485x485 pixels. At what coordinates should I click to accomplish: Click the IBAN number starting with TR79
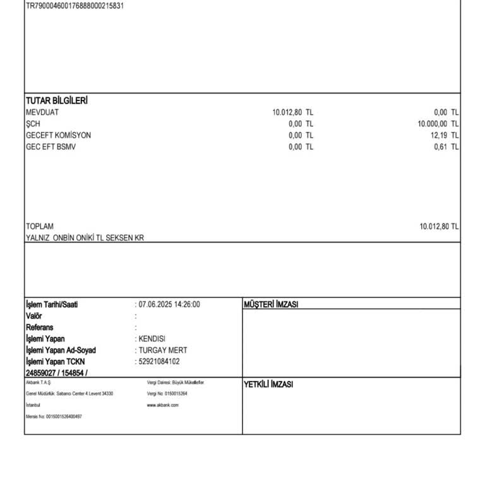(75, 6)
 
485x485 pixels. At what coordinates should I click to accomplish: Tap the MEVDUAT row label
(42, 112)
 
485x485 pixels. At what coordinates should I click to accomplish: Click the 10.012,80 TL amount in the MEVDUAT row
(292, 112)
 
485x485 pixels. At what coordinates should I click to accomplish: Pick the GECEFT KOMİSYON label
(58, 135)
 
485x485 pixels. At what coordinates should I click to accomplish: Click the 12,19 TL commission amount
(445, 135)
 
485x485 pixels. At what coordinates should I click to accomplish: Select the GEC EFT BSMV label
(51, 147)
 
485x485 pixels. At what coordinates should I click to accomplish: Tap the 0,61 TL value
(446, 147)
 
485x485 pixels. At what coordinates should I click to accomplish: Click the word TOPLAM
(40, 226)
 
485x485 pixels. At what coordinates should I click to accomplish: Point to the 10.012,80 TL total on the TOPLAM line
(439, 226)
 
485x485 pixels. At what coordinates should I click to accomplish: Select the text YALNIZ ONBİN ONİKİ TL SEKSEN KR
(85, 238)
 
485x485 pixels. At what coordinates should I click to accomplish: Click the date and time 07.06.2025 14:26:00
(169, 304)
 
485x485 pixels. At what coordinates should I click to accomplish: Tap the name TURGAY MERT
(163, 350)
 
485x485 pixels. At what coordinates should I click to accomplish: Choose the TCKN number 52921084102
(159, 362)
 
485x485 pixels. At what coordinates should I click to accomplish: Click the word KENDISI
(152, 339)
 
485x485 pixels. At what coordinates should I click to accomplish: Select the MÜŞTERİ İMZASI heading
(271, 305)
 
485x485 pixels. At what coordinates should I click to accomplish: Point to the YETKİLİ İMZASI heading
(268, 385)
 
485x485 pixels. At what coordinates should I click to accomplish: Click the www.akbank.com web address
(163, 405)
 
